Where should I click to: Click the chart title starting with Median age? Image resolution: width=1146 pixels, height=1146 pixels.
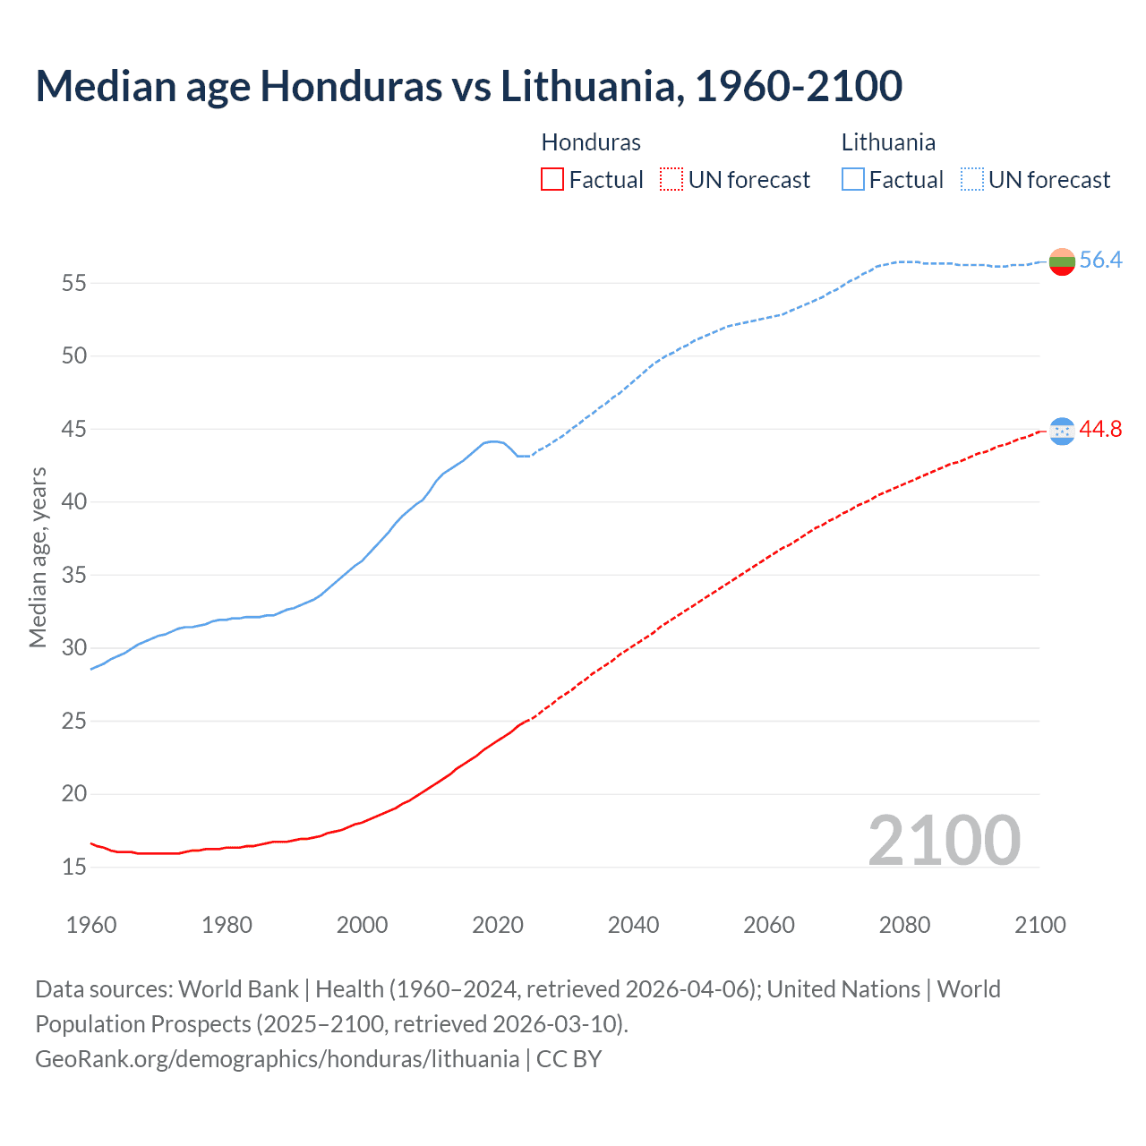(x=468, y=86)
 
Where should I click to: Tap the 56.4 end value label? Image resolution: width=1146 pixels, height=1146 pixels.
(x=1100, y=261)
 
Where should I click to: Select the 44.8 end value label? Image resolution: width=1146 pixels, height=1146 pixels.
(x=1100, y=430)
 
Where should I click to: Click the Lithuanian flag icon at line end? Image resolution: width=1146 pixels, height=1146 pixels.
(x=1062, y=261)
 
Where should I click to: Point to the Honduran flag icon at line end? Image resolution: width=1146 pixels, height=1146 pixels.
(x=1062, y=431)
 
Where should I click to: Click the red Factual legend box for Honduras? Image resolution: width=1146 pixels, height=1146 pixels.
(x=552, y=180)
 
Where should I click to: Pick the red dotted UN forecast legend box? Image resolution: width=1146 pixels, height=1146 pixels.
(x=671, y=180)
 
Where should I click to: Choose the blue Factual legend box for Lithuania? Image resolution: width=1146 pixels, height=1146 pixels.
(x=852, y=180)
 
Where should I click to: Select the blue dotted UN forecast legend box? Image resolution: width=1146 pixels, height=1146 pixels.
(x=971, y=180)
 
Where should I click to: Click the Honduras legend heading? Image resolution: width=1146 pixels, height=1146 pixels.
(x=591, y=142)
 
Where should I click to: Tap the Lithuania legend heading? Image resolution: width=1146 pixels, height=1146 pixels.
(x=888, y=142)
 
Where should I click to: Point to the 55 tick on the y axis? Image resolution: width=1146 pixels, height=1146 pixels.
(x=74, y=284)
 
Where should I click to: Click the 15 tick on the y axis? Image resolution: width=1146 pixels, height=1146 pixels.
(x=74, y=868)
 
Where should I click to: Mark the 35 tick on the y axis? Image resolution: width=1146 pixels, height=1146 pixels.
(x=74, y=576)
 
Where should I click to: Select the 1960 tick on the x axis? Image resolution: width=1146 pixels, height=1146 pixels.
(x=91, y=925)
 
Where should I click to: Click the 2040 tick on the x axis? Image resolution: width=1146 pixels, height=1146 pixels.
(x=633, y=925)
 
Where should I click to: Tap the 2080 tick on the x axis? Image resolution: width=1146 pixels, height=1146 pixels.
(x=904, y=925)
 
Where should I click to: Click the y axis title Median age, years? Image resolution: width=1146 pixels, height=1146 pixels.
(x=38, y=557)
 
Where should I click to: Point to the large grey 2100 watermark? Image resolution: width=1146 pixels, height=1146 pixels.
(x=944, y=841)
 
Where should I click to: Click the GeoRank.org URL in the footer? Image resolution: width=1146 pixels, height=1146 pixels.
(x=277, y=1059)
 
